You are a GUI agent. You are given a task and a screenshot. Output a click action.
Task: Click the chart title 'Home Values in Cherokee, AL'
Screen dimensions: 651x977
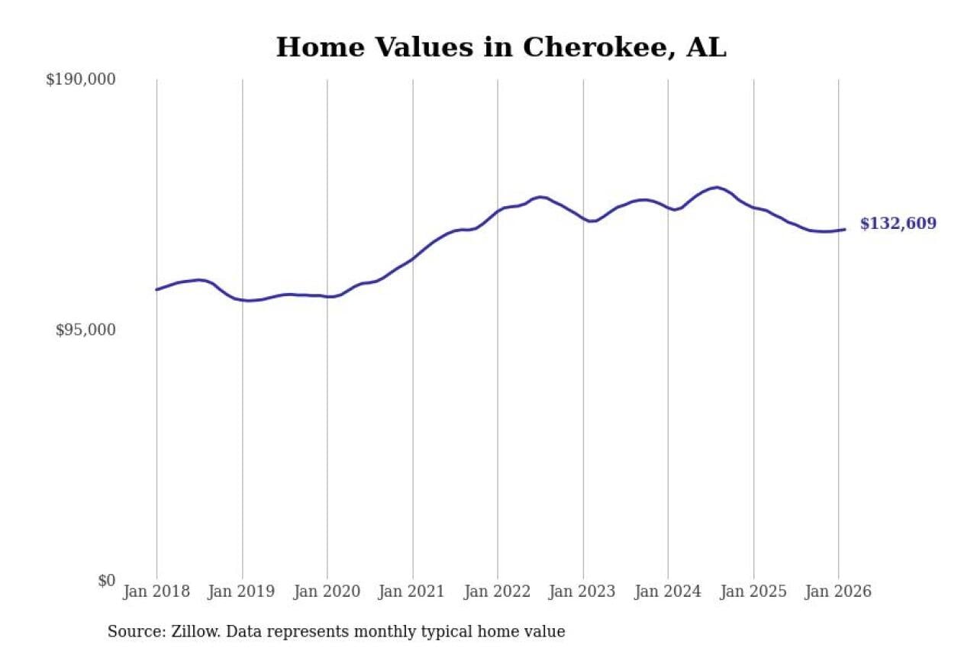pyautogui.click(x=501, y=47)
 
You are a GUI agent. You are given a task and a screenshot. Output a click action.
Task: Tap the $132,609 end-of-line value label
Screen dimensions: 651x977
pyautogui.click(x=898, y=224)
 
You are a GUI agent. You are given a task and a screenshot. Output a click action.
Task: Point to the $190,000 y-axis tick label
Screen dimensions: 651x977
pyautogui.click(x=80, y=79)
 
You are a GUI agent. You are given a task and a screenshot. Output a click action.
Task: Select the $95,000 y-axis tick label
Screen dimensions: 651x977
pyautogui.click(x=85, y=330)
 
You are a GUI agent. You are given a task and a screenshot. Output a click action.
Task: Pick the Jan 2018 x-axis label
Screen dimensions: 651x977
pyautogui.click(x=156, y=591)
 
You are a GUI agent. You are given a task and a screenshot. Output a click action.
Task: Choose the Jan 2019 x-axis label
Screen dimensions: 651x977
pyautogui.click(x=242, y=591)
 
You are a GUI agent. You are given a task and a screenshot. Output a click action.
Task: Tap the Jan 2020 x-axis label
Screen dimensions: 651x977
pyautogui.click(x=327, y=591)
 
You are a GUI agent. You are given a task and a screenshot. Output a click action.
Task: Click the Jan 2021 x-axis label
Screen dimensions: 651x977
pyautogui.click(x=412, y=591)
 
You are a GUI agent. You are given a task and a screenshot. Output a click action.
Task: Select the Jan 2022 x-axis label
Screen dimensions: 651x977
pyautogui.click(x=498, y=591)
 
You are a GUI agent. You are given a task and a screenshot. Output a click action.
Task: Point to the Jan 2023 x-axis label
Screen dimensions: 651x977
pyautogui.click(x=582, y=591)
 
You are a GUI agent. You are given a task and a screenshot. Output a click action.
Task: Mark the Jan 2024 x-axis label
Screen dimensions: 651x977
pyautogui.click(x=668, y=591)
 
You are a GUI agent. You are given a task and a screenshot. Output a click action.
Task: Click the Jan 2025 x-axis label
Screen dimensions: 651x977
pyautogui.click(x=753, y=591)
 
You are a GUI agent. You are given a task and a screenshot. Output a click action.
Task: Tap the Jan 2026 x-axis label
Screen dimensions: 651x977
pyautogui.click(x=838, y=591)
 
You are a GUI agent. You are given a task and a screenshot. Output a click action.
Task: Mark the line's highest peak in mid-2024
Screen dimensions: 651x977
pyautogui.click(x=716, y=187)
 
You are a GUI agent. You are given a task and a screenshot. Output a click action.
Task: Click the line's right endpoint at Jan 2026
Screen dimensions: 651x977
pyautogui.click(x=844, y=229)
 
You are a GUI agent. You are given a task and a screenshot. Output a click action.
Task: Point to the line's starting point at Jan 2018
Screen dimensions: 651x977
pyautogui.click(x=156, y=289)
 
